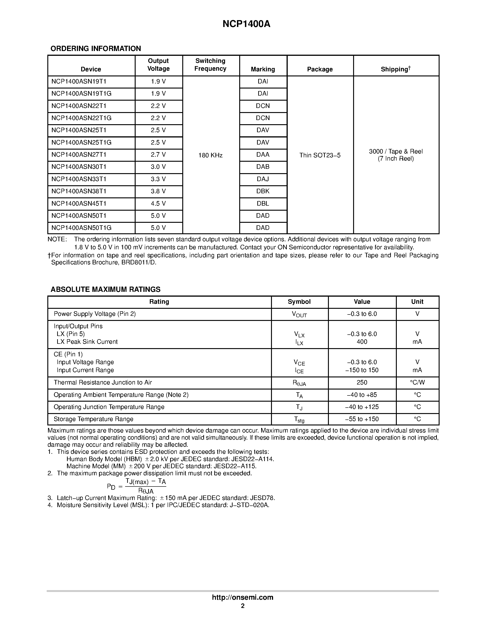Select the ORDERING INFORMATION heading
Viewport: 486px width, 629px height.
[x=96, y=48]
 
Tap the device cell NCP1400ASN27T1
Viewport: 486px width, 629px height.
[x=79, y=155]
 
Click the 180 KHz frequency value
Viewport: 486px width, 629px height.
[x=210, y=155]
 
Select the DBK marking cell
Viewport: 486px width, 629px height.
[x=263, y=191]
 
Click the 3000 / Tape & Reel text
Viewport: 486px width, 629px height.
[x=396, y=151]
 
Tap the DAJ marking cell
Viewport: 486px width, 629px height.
[x=263, y=179]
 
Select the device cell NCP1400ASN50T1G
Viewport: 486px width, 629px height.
[x=81, y=228]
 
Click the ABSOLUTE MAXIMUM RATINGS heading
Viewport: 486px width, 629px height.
[x=105, y=289]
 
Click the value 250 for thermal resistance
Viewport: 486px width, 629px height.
[x=362, y=382]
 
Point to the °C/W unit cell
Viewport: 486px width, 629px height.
[x=417, y=382]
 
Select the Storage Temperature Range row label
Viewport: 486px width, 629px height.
[x=93, y=419]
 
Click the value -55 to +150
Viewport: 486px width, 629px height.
[x=362, y=419]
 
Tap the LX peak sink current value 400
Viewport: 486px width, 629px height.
[x=362, y=342]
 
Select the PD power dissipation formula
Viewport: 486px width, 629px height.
[x=137, y=487]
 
